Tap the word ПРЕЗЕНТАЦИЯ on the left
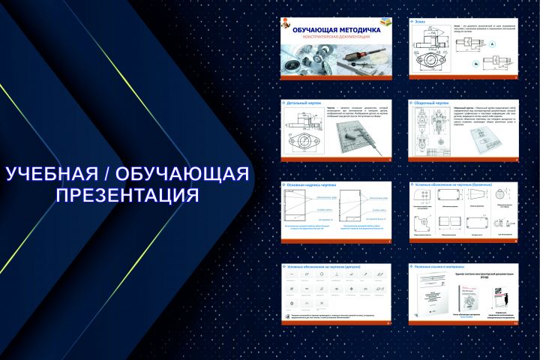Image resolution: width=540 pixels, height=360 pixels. [x=127, y=196]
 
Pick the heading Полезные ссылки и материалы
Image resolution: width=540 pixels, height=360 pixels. [x=439, y=266]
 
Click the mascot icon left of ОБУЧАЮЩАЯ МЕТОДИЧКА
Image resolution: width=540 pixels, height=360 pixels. [x=286, y=28]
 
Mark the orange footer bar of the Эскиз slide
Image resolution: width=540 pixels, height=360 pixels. [x=464, y=78]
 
